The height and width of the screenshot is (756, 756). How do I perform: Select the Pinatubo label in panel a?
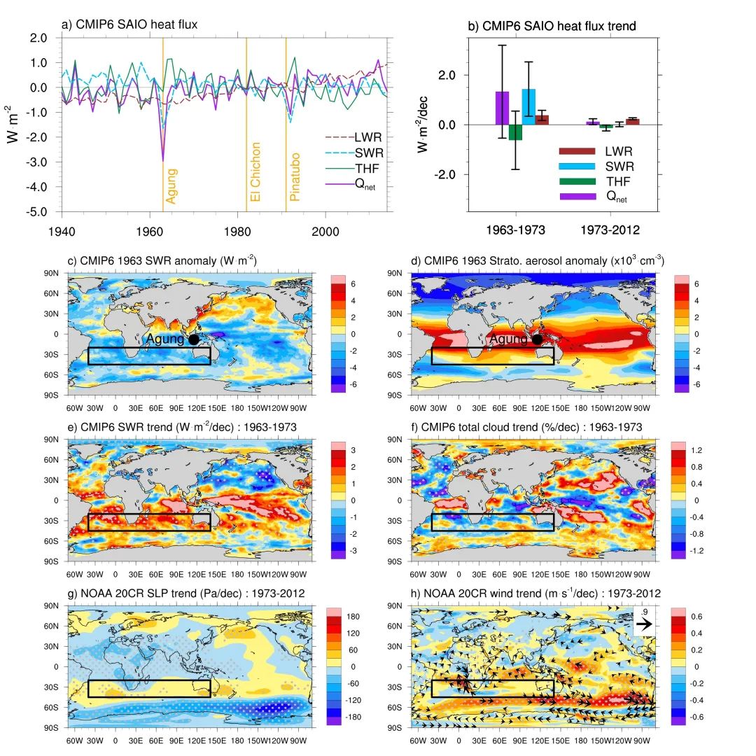tap(295, 177)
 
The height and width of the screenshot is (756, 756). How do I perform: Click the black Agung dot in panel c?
tap(194, 339)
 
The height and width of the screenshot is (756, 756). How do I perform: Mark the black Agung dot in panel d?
tap(538, 339)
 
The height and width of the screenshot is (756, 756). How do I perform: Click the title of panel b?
tap(552, 27)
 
